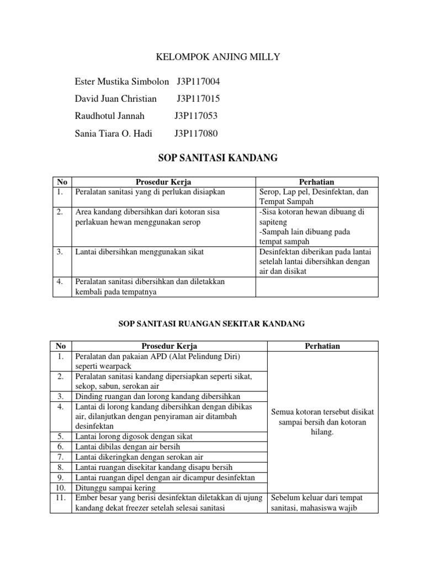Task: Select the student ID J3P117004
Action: click(198, 82)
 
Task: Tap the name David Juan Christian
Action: click(115, 99)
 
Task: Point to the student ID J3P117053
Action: click(196, 116)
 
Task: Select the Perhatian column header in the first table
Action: click(316, 182)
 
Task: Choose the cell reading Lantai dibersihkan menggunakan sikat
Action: click(140, 252)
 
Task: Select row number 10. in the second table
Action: click(61, 488)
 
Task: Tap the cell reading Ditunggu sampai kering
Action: click(115, 488)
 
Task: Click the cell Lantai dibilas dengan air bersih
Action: click(128, 447)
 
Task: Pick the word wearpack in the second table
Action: click(98, 366)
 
